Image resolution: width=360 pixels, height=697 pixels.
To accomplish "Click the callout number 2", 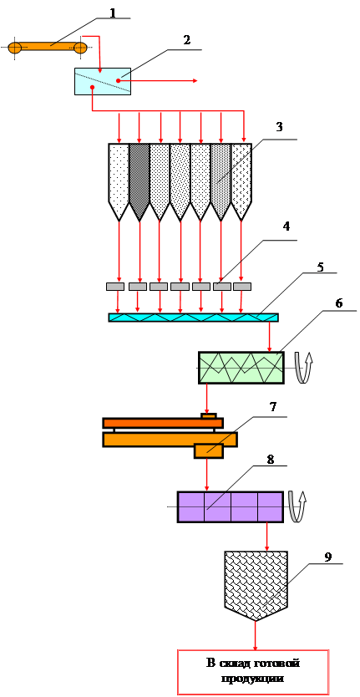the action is pyautogui.click(x=186, y=39).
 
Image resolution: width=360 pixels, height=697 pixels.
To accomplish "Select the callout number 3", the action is pyautogui.click(x=279, y=127).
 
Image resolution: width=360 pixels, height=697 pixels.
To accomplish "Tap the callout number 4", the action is pyautogui.click(x=286, y=227).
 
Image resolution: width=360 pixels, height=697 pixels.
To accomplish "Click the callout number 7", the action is pyautogui.click(x=274, y=407).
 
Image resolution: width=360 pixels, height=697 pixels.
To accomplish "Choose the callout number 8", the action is pyautogui.click(x=271, y=460).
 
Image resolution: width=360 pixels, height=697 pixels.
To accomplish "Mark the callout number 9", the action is pyautogui.click(x=328, y=557).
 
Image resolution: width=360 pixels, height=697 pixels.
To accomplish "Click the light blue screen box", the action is pyautogui.click(x=103, y=81).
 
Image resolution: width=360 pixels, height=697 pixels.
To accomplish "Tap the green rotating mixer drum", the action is pyautogui.click(x=241, y=368).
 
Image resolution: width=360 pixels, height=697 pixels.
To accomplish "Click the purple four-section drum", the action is pyautogui.click(x=231, y=506).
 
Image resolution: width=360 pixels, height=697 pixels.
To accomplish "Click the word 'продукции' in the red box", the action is pyautogui.click(x=253, y=679).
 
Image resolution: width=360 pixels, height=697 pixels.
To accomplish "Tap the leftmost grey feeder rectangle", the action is pyautogui.click(x=115, y=287).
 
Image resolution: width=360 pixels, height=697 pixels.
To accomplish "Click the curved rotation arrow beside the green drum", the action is pyautogui.click(x=302, y=367).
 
